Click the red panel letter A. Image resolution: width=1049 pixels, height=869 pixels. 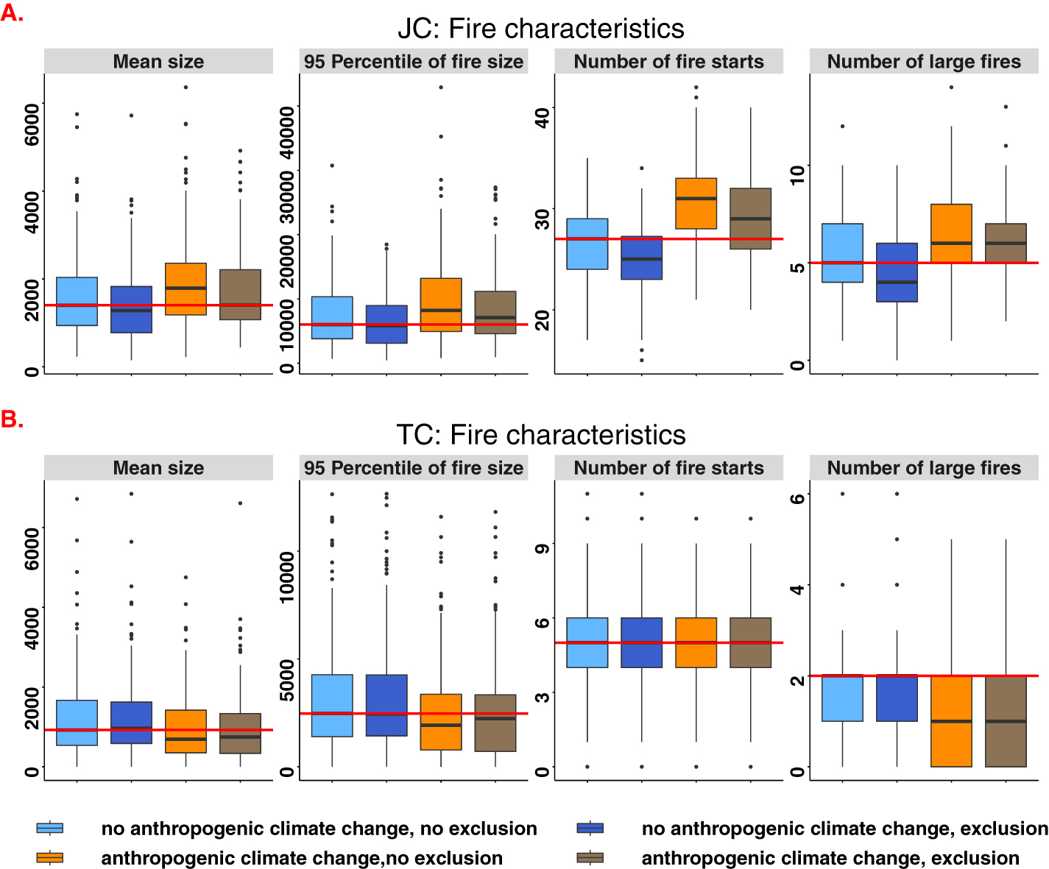tap(12, 13)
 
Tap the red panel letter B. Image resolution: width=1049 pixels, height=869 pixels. tap(12, 419)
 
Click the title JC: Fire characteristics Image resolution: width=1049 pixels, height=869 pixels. tap(540, 29)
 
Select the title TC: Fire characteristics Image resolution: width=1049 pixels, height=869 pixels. tap(540, 435)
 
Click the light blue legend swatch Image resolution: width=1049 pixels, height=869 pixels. tap(50, 829)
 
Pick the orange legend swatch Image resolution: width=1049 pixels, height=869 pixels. tap(50, 858)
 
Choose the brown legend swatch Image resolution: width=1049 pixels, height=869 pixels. tap(590, 858)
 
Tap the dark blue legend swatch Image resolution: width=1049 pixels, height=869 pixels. tap(590, 829)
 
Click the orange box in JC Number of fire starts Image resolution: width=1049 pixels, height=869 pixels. tap(696, 203)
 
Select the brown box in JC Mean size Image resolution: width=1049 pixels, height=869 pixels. tap(240, 294)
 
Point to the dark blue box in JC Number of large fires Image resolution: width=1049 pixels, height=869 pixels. tap(897, 272)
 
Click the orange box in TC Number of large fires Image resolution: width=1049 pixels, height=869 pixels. tap(951, 721)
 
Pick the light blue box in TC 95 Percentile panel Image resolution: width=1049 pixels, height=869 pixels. tap(332, 705)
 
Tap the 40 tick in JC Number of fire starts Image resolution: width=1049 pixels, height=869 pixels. tap(543, 117)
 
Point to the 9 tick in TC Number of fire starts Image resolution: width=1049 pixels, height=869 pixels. tap(543, 547)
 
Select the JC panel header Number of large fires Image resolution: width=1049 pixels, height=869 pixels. tap(924, 62)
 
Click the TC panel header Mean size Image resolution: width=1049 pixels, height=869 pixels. tap(158, 468)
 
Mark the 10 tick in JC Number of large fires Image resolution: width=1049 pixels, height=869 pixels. tap(797, 175)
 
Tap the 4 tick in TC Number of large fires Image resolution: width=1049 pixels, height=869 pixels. tap(797, 586)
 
